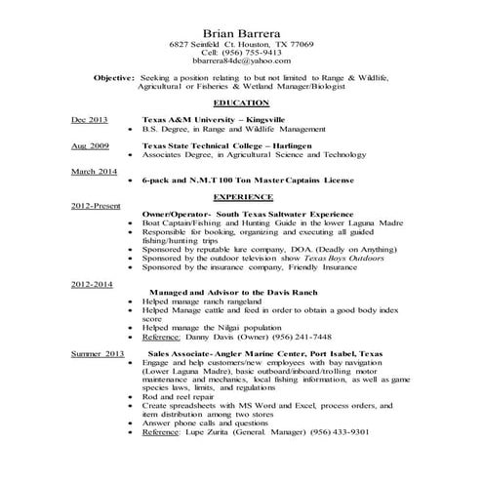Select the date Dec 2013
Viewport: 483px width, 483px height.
(x=90, y=118)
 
